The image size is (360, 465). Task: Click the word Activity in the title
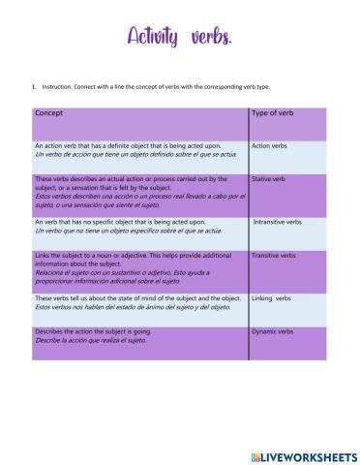tap(152, 37)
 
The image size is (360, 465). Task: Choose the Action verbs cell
tap(269, 146)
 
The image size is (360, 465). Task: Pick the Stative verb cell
tap(268, 179)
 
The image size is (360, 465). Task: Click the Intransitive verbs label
tap(277, 222)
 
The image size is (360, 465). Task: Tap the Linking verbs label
tap(271, 298)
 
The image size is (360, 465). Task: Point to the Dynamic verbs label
tap(272, 332)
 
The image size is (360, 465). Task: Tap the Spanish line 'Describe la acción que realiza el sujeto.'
tap(92, 341)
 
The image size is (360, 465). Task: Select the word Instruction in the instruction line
tap(59, 86)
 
